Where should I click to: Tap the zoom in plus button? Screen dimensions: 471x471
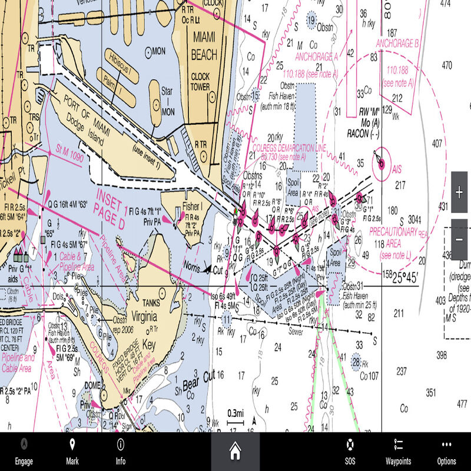pos(459,193)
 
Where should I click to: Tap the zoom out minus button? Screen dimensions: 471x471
pos(459,240)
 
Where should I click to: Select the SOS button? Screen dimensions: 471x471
pos(350,452)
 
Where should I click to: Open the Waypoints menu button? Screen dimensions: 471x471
pos(398,452)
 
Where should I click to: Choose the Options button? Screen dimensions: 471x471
pos(447,452)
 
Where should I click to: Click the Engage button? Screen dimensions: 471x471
pos(24,452)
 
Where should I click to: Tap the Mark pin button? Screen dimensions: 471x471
pos(72,452)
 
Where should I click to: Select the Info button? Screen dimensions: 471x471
pos(121,452)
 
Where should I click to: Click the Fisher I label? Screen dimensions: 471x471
pos(192,207)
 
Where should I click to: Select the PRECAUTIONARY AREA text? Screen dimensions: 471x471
pos(393,237)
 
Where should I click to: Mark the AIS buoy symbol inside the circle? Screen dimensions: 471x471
pos(381,159)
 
